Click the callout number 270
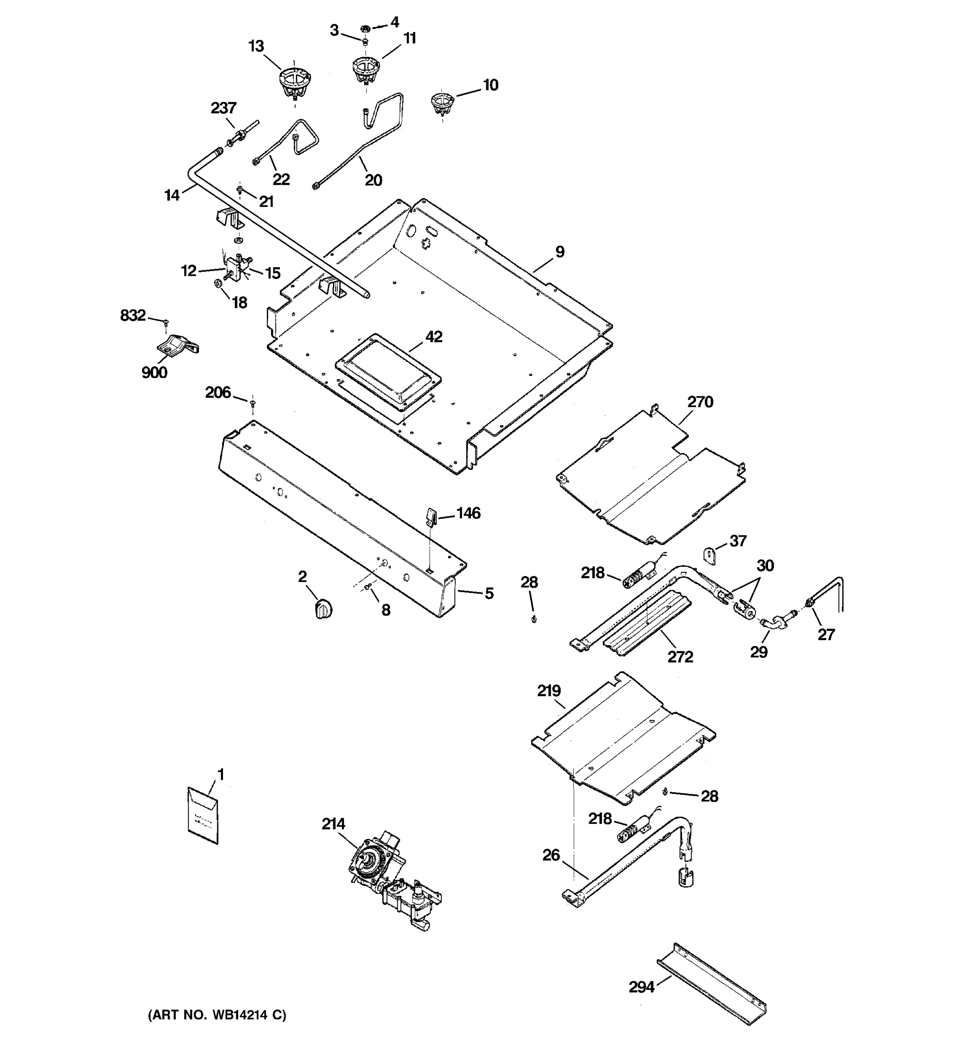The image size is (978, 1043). coord(700,402)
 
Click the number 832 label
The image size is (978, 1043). coord(133,316)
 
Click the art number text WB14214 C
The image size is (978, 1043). coord(217,1015)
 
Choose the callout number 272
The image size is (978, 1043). coord(680,657)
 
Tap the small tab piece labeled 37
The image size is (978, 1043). coord(710,556)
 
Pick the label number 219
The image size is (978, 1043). coord(549,691)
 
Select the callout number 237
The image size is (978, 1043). coord(223,108)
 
